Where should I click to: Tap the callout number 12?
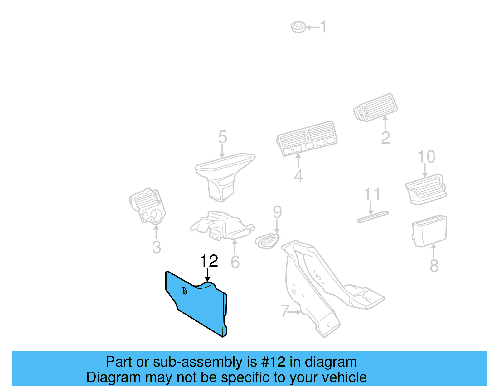(x=209, y=261)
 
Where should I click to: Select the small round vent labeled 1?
(x=298, y=27)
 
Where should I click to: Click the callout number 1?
(x=324, y=27)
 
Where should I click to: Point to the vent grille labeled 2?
(x=376, y=107)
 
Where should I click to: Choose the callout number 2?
(x=385, y=138)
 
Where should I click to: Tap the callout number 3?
(x=156, y=247)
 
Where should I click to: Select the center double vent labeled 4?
(x=307, y=138)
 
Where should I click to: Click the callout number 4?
(x=298, y=176)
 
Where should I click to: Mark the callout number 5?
(x=222, y=137)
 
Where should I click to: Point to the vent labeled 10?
(x=426, y=189)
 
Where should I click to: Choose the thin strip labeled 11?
(x=372, y=217)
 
